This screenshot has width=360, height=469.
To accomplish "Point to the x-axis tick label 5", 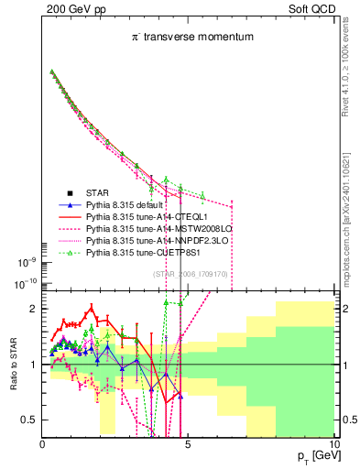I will point(187,445).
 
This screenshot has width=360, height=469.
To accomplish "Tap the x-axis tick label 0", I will point(43,445).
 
